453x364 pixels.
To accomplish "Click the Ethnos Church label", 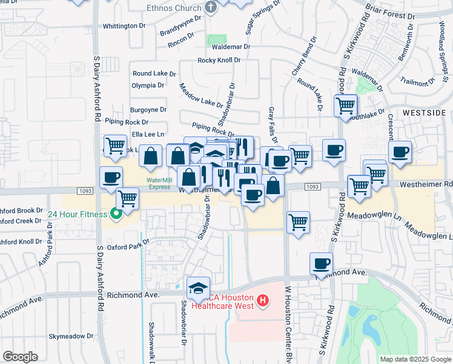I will point(174,8).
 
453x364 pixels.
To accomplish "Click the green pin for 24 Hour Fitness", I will point(113,214).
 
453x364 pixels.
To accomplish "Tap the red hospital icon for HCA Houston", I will point(262,300).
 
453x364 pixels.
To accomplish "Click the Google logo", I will point(20,357).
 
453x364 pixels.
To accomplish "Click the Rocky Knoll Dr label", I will point(219,60).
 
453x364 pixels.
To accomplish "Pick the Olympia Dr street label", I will point(148,85).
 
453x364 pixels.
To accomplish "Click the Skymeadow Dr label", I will point(72,335).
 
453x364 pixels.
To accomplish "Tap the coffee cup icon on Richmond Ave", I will point(321,264).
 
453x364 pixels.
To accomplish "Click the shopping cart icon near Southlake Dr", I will point(345,106).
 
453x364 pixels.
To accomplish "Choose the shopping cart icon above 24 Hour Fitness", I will point(127,198).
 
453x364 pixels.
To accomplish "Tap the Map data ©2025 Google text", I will point(415,359).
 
